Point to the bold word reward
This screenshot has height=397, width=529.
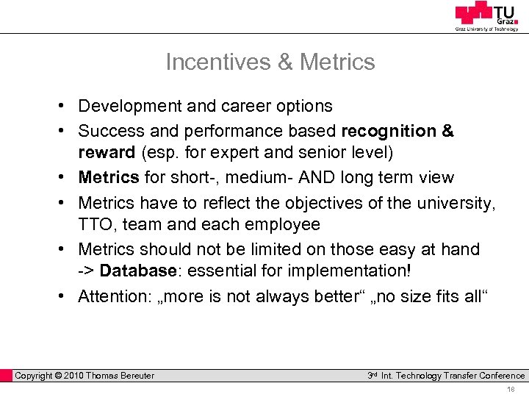107,154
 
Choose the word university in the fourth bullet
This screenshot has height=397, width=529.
453,201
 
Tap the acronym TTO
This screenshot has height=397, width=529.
98,224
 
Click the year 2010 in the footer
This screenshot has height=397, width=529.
73,376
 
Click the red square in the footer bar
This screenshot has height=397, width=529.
7,376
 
